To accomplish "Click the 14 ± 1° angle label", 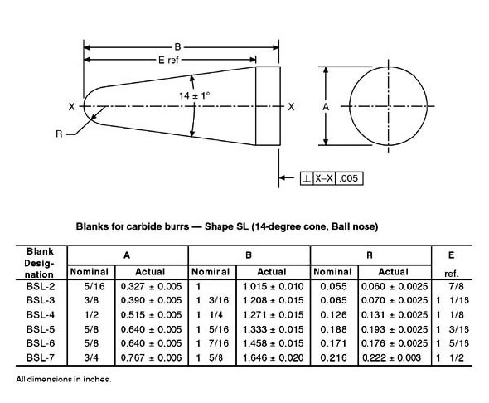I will point(196,95).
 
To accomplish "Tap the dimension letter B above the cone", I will point(177,46).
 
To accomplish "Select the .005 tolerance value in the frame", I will point(348,178).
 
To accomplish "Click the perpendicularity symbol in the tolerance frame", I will point(307,178).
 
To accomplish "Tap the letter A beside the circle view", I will point(326,106).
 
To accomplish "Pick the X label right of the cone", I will point(291,106).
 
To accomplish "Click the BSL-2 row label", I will point(40,285).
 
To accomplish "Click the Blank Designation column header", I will point(40,262).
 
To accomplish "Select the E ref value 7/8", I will point(453,285).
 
